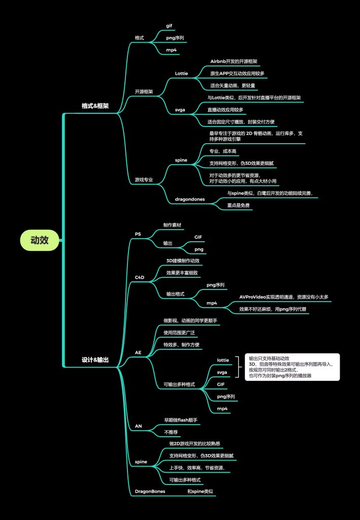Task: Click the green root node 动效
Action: [x=40, y=240]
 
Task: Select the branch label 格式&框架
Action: [x=95, y=106]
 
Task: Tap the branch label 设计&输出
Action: [x=95, y=360]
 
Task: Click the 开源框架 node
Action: [x=144, y=92]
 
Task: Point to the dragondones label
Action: [x=190, y=200]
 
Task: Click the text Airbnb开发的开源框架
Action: [x=234, y=61]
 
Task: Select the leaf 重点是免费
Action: [x=238, y=206]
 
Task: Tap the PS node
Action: [x=138, y=234]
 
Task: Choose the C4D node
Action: [x=139, y=277]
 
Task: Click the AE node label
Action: [x=138, y=352]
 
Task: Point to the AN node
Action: [x=138, y=426]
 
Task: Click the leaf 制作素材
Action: [x=172, y=224]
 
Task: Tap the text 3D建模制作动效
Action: [x=183, y=261]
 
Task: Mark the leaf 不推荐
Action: [x=171, y=432]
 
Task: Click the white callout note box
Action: [x=291, y=367]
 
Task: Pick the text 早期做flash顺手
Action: [x=180, y=420]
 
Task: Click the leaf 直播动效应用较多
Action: [x=225, y=110]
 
